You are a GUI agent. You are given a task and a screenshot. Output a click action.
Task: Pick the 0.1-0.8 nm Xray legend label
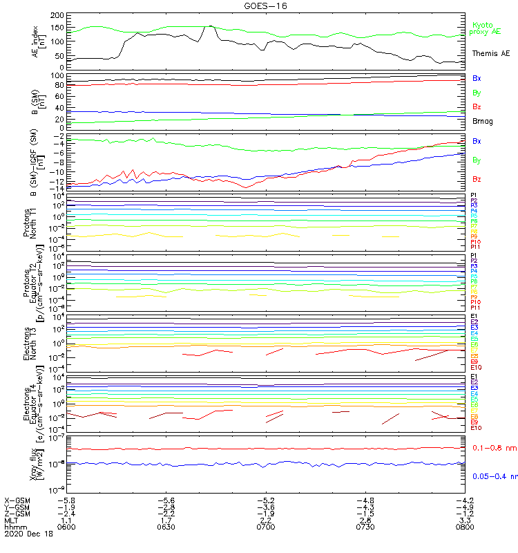pyautogui.click(x=494, y=448)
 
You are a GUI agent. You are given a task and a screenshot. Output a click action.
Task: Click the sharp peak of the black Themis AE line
pyautogui.click(x=210, y=26)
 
